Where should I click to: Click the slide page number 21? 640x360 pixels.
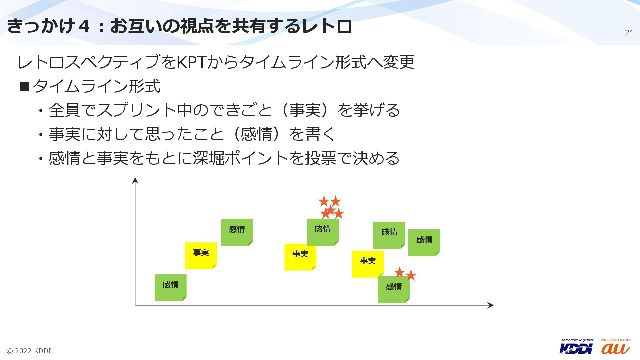(629, 33)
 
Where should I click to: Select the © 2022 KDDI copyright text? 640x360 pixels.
(29, 351)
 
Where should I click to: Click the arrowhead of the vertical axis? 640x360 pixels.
(135, 181)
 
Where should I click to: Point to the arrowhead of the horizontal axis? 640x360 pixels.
(490, 305)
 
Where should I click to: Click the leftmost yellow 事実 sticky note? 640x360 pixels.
(201, 255)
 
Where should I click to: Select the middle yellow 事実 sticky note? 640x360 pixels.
(300, 257)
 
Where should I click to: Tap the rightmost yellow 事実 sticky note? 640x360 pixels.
(367, 264)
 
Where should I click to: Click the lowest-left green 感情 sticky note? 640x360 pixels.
(170, 287)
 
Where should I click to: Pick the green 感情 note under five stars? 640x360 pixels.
(322, 232)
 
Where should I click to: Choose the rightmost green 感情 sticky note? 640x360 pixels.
(424, 242)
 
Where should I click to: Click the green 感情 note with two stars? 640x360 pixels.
(394, 289)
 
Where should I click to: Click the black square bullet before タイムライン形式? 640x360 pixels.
(25, 87)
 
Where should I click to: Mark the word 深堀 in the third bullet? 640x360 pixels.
(208, 158)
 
